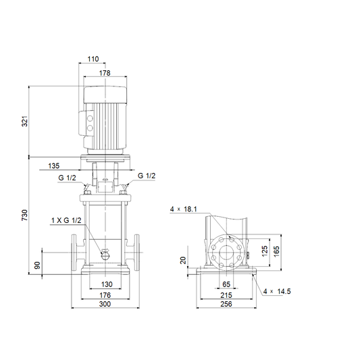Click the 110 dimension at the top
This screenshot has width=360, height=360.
point(93,59)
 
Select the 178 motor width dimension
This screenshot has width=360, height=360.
point(105,73)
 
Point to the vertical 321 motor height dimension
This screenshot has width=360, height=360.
point(24,121)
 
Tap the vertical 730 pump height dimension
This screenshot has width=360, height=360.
point(24,215)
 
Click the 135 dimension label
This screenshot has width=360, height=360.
point(54,165)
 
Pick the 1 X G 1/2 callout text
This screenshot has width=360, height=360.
point(66,220)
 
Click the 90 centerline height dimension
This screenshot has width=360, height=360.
point(37,265)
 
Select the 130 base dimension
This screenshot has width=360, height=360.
point(107,284)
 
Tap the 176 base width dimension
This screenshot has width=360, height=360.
point(105,295)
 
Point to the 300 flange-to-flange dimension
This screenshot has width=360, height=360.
point(105,304)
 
